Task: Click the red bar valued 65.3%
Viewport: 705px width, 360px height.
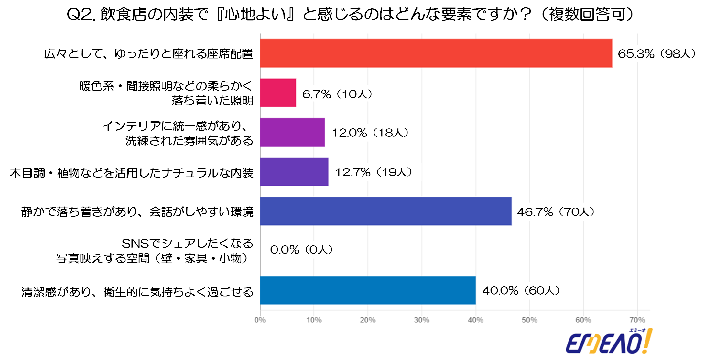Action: tap(436, 53)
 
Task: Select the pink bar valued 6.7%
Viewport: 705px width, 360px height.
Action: tap(278, 93)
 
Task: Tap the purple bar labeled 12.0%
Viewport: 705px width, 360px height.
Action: tap(292, 132)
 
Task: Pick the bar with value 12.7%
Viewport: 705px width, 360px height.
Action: tap(294, 172)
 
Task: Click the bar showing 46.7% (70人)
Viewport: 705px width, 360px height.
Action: tap(386, 211)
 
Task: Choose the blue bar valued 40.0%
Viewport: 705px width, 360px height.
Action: tap(368, 290)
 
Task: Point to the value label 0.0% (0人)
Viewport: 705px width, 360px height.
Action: tap(301, 250)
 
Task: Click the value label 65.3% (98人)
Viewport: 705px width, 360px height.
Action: tap(656, 54)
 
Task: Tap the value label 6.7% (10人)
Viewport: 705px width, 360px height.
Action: tap(337, 94)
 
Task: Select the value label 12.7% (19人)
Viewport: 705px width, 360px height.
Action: tap(374, 172)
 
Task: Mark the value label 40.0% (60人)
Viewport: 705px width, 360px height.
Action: tap(521, 290)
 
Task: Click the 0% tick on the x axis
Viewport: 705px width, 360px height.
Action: tap(260, 320)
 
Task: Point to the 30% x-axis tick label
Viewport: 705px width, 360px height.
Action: tap(422, 320)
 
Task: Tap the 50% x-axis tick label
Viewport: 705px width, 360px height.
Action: tap(529, 320)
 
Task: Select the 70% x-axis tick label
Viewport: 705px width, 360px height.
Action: tap(637, 320)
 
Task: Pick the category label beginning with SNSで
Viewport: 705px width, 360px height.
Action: tap(155, 251)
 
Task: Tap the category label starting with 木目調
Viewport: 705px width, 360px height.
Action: tap(132, 173)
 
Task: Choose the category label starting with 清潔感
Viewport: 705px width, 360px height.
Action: tap(137, 292)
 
